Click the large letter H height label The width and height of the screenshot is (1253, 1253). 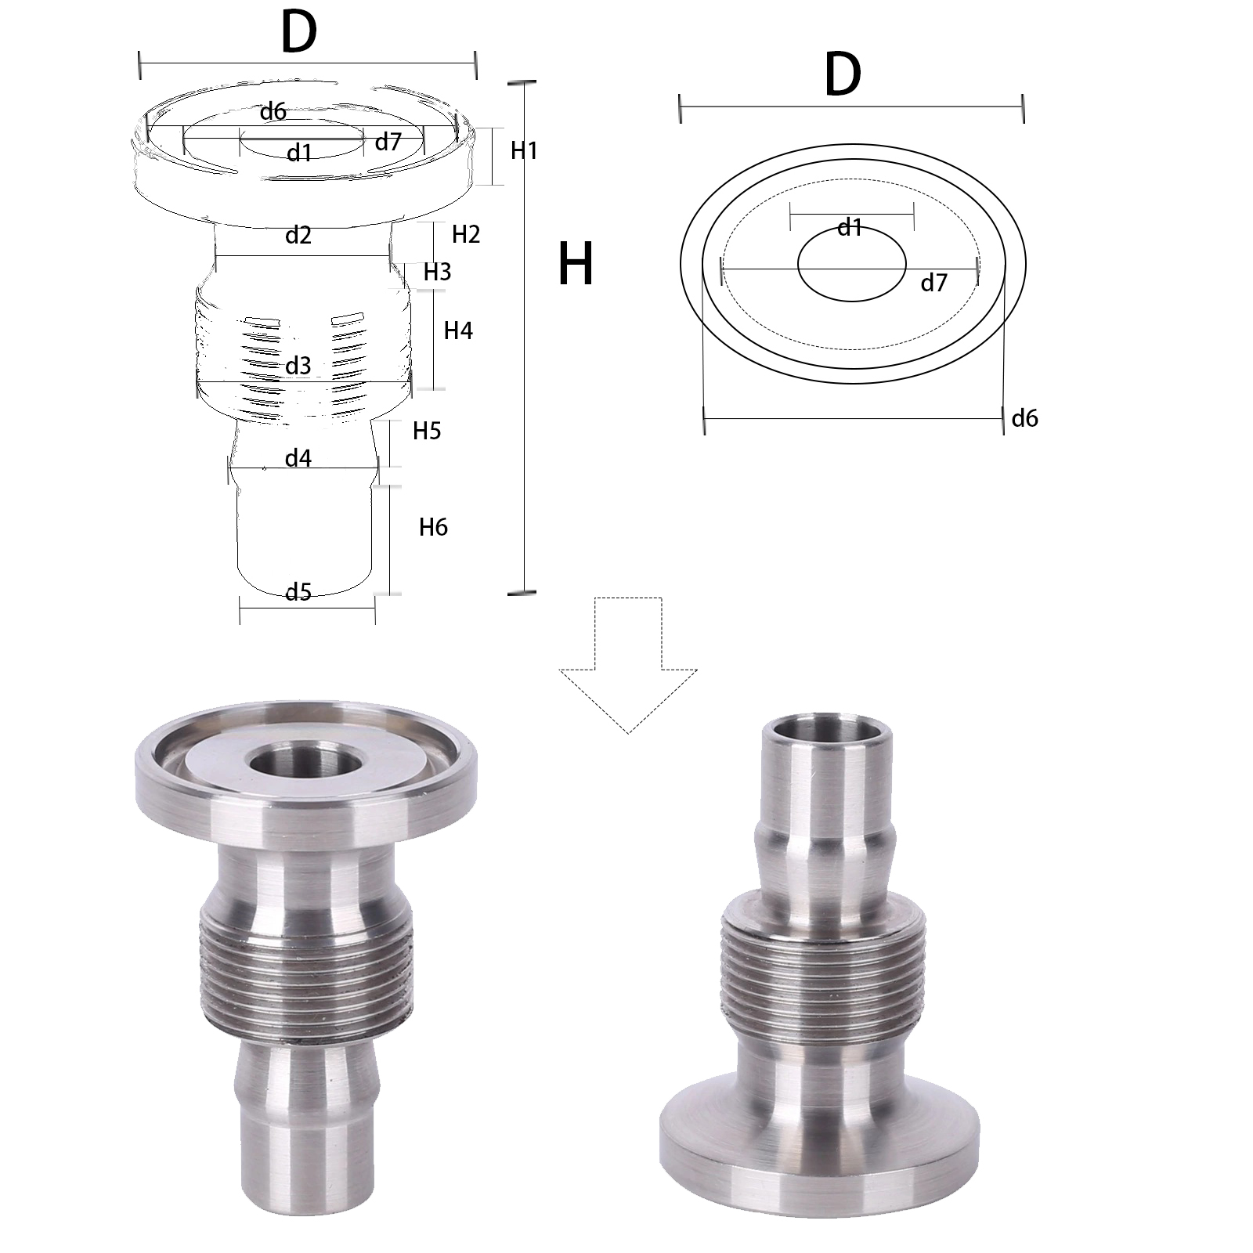pos(576,264)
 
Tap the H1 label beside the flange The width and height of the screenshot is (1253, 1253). pos(524,150)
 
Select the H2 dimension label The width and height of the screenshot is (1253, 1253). pos(466,233)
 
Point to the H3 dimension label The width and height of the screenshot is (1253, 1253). pos(437,272)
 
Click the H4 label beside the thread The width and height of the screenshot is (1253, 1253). pos(458,330)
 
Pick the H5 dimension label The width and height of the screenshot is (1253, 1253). pos(427,431)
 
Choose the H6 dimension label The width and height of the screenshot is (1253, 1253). pos(433,527)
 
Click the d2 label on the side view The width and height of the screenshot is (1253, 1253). pos(298,235)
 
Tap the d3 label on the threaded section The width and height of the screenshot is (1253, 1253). pos(298,366)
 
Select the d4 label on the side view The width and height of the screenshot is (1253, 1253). pos(298,458)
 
